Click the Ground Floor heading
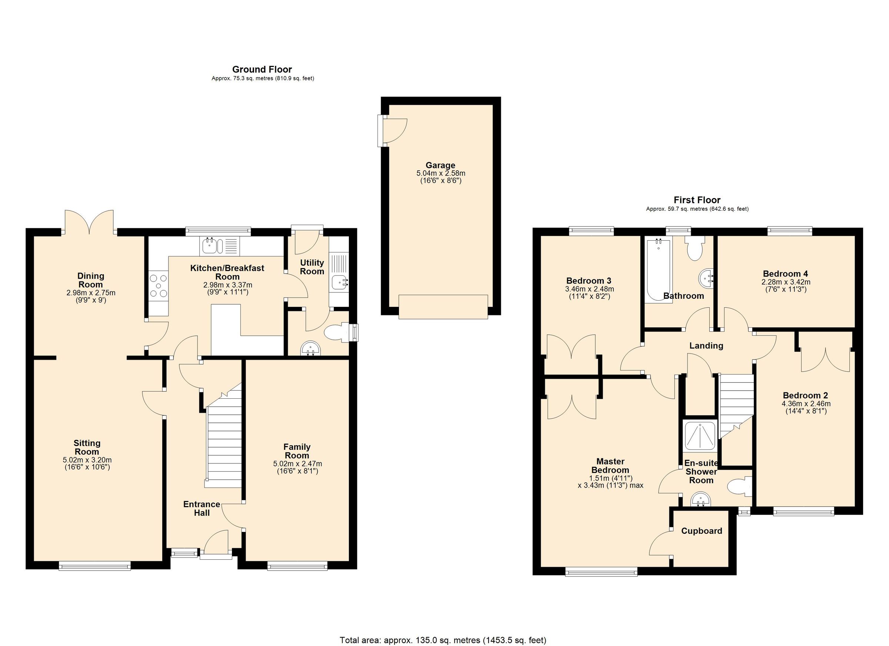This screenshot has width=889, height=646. tap(262, 69)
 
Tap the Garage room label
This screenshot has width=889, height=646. tap(440, 165)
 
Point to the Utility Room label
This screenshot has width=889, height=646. tap(312, 267)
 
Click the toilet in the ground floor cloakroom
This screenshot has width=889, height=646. tap(334, 332)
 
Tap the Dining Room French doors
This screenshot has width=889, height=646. tap(90, 222)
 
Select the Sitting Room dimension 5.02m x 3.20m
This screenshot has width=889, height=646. tap(87, 460)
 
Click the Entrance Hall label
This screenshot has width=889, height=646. tap(202, 509)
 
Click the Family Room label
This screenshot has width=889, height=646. tap(297, 451)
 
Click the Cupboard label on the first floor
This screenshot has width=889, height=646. tap(701, 531)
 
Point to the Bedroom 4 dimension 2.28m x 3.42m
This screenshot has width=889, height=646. tap(786, 282)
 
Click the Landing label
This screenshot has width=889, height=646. tap(706, 345)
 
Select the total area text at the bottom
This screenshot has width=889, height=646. tap(443, 640)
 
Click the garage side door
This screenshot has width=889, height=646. tap(394, 130)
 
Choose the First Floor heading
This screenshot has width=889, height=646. tap(697, 200)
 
